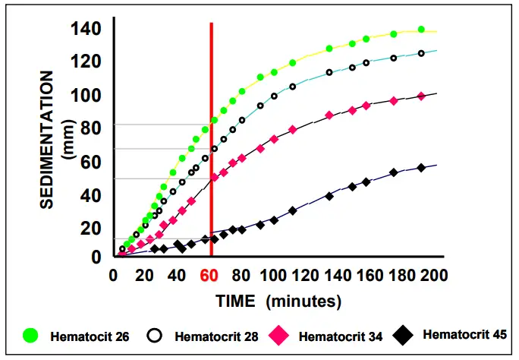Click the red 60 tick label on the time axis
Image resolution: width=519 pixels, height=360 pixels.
[209, 275]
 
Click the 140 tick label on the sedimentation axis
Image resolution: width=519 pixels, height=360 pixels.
[86, 30]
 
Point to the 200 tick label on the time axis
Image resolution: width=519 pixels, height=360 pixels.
[431, 275]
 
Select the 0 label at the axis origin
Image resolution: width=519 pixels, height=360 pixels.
[97, 257]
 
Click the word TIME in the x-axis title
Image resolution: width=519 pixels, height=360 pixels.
[237, 301]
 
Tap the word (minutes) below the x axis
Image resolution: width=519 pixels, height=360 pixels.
[302, 301]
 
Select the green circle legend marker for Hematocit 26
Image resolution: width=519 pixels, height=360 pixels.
[31, 334]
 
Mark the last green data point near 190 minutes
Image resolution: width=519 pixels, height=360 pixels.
[421, 30]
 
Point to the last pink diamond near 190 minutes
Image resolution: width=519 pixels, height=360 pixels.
[421, 96]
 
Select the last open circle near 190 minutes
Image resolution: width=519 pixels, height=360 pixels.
[421, 53]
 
